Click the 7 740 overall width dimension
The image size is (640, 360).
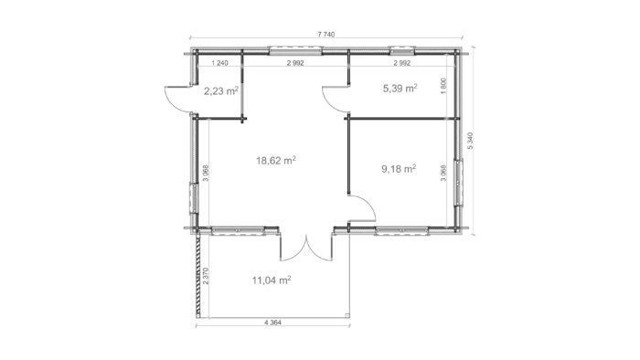pos(325,34)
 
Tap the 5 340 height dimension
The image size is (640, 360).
pos(471,141)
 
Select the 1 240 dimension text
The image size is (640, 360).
pos(220,63)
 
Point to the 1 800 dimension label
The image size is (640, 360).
pos(444,86)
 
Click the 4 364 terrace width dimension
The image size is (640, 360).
pos(273,323)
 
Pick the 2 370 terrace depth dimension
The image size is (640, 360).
pos(206,276)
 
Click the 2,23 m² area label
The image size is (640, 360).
pos(221,90)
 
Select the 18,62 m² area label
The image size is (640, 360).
pos(276,160)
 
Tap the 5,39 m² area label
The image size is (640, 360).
pos(400,88)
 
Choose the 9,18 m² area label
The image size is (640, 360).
pos(399,168)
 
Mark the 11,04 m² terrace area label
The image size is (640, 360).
pos(272,281)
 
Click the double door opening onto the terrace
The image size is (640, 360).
pos(306,248)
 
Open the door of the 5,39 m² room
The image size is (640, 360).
pos(336,99)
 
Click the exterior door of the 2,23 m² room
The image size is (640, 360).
pos(179,100)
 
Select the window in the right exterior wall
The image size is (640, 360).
pos(459,182)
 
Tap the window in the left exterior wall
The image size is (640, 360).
pos(193,198)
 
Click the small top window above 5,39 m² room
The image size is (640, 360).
pos(402,51)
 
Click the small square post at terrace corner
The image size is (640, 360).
pos(347,314)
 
